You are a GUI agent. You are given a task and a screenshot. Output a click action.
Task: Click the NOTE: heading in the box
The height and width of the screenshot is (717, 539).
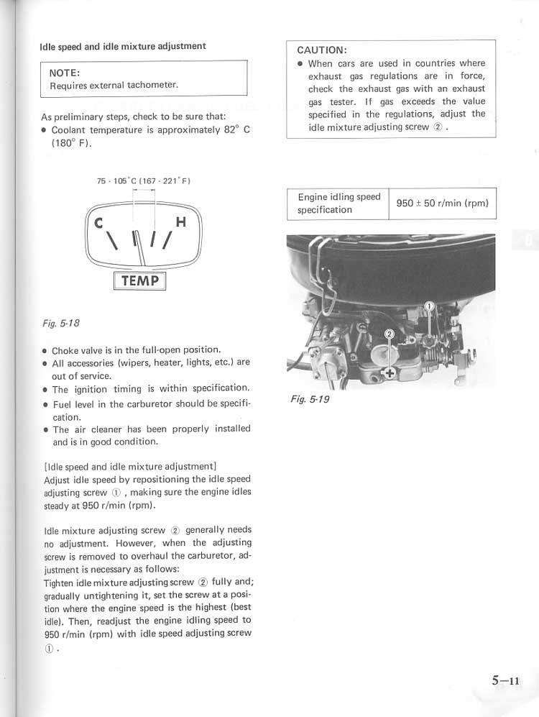click(x=64, y=73)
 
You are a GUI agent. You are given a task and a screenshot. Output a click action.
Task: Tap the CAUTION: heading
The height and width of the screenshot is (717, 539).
click(x=322, y=50)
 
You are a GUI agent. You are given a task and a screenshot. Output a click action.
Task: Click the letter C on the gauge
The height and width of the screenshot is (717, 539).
click(x=99, y=223)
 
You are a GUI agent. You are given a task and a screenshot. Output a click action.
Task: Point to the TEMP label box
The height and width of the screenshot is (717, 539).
click(x=139, y=280)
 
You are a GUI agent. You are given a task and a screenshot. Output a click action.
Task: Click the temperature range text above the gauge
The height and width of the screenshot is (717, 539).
click(x=144, y=181)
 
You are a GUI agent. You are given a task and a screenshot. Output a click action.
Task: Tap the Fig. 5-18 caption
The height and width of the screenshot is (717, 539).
click(x=60, y=324)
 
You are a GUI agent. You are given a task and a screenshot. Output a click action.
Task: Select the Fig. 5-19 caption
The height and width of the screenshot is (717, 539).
click(x=310, y=399)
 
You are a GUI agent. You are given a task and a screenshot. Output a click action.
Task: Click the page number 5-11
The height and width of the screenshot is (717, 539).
click(x=506, y=681)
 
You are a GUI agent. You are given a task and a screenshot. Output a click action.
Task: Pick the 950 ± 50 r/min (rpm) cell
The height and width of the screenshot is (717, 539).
click(x=442, y=204)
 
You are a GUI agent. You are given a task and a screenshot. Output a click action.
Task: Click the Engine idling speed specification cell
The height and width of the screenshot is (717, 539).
click(x=338, y=204)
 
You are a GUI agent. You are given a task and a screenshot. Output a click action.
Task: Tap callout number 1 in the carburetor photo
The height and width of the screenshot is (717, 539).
click(x=429, y=307)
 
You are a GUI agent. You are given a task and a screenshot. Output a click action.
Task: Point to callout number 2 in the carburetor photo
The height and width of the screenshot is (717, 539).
click(x=390, y=334)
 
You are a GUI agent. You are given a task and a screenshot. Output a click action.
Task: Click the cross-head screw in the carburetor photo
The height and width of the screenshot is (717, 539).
click(x=390, y=373)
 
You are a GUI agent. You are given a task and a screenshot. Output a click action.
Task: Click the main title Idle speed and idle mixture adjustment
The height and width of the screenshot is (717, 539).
click(x=123, y=46)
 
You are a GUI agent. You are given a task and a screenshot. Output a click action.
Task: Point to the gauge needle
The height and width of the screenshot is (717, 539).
click(x=144, y=248)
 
